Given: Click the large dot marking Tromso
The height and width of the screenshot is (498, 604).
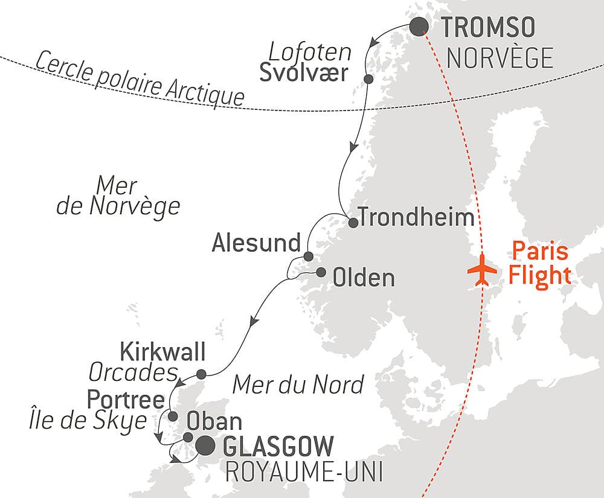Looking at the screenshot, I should coord(419,27).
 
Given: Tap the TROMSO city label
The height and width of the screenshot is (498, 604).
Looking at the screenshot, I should coord(489,28).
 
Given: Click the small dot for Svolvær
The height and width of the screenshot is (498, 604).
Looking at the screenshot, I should coord(368,79).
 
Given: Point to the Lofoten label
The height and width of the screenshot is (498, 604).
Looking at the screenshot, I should coord(310,52).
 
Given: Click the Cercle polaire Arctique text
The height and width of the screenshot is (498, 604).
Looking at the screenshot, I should coord(140,78).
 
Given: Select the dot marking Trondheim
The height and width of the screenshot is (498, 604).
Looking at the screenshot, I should coord(353,222).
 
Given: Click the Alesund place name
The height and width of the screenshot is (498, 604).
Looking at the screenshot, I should coord(256,244).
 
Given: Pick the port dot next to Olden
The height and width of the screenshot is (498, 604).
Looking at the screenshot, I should coord(320,272).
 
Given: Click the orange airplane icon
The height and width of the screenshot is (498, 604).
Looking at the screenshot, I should coord(483,270).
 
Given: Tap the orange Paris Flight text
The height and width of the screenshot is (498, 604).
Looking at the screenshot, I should coord(539,263).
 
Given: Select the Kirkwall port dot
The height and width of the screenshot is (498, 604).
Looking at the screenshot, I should coord(201,373).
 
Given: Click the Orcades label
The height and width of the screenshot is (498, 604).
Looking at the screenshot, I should coord(133,374).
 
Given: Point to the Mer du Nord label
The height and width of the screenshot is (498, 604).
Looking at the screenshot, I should coord(299,384).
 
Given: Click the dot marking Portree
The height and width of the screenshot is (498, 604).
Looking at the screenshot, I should coord(173,416).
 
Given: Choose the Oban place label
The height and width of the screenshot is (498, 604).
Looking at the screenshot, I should coord(214,421).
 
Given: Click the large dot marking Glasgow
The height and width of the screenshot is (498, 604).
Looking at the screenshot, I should coord(205,446).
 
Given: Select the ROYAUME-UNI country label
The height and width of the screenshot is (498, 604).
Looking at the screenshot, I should coord(304,473).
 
